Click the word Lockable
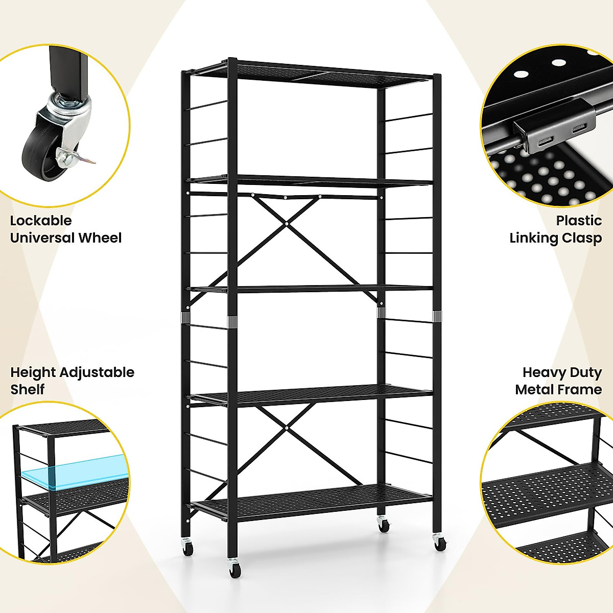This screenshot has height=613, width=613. coord(41,221)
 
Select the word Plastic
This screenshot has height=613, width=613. coord(579,221)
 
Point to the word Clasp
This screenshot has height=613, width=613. coord(582,238)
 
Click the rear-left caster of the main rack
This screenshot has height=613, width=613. coord(188,548)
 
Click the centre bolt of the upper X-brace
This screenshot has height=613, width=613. coord(288,223)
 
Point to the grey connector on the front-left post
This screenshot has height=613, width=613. coord(232,322)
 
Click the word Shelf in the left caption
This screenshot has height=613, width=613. coord(28,390)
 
